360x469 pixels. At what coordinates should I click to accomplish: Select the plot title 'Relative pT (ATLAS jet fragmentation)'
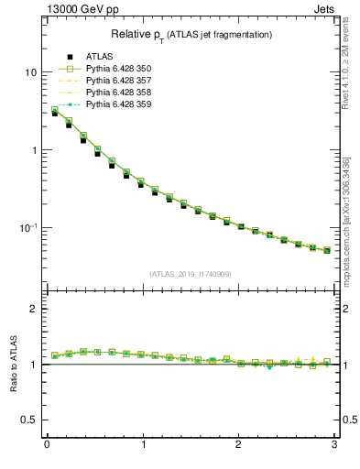[x=191, y=34]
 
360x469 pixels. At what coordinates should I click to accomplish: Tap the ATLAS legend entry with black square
[x=96, y=57]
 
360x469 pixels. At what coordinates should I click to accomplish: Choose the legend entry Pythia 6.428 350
[x=117, y=69]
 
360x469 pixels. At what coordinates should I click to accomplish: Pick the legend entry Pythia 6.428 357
[x=117, y=81]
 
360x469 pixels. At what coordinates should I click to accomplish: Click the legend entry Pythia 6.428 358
[x=117, y=93]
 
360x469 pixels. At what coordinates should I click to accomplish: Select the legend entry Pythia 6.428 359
[x=117, y=104]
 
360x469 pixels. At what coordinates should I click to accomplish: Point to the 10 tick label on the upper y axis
[x=30, y=72]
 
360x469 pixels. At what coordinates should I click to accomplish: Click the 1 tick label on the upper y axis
[x=34, y=150]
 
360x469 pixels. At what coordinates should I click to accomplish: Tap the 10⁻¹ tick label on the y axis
[x=28, y=227]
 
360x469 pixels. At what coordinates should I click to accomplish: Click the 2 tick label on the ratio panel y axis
[x=34, y=309]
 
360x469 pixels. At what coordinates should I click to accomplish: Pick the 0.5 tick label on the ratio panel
[x=30, y=420]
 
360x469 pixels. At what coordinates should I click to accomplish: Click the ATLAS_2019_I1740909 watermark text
[x=191, y=274]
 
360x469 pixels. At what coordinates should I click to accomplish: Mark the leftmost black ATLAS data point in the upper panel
[x=55, y=113]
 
